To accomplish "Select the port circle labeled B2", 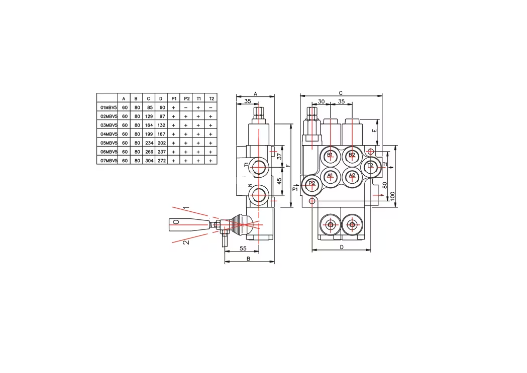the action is pos(352,155).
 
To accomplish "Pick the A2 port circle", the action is pos(352,176).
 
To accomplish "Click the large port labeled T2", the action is pos(370,166).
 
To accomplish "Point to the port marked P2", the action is pos(312,184).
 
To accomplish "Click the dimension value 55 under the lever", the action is pos(243,248).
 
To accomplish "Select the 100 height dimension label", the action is pos(392,196).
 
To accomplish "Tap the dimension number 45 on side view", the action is pos(279,181).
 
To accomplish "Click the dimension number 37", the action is pos(279,156).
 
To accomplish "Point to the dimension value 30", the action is pos(322,101).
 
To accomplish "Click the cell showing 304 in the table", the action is pos(149,161).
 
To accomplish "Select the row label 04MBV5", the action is pos(109,134).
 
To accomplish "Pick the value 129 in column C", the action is pos(149,116).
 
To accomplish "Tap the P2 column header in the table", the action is pos(186,99).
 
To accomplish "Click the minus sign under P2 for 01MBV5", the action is pos(186,107).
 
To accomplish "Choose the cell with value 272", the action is pos(162,161).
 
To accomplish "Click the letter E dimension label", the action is pos(375,131).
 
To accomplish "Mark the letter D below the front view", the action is pos(342,247).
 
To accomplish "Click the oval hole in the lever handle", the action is pos(175,221).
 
